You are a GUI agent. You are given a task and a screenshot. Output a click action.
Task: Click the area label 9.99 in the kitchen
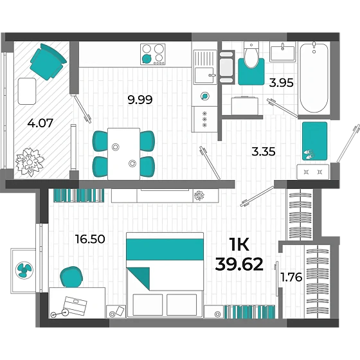click(140, 100)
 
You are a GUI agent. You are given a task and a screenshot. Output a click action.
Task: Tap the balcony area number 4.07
click(40, 123)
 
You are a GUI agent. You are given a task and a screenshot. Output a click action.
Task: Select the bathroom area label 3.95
click(282, 83)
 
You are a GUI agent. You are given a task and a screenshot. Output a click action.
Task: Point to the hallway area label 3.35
click(264, 152)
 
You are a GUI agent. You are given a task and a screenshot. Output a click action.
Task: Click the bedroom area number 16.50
click(90, 239)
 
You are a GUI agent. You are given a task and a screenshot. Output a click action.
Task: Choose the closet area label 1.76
click(291, 277)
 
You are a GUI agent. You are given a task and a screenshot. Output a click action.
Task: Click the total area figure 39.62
click(239, 264)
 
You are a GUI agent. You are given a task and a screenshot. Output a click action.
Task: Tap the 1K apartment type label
click(239, 245)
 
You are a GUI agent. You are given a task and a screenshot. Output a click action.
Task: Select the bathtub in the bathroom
click(314, 78)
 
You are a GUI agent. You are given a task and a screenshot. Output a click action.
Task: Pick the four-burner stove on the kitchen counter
click(153, 54)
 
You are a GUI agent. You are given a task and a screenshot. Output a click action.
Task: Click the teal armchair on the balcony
click(48, 62)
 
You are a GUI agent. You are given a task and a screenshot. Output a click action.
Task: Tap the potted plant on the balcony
click(30, 162)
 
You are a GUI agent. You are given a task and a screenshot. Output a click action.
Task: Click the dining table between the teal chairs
click(123, 154)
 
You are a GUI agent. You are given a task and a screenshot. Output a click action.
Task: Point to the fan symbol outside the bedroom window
click(24, 270)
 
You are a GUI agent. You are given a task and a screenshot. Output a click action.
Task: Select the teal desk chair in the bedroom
click(71, 277)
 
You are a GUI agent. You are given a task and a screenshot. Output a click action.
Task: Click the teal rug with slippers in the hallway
click(314, 141)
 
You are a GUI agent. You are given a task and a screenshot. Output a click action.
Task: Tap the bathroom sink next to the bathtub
click(282, 52)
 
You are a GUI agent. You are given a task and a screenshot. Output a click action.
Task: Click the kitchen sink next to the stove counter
click(205, 67)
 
